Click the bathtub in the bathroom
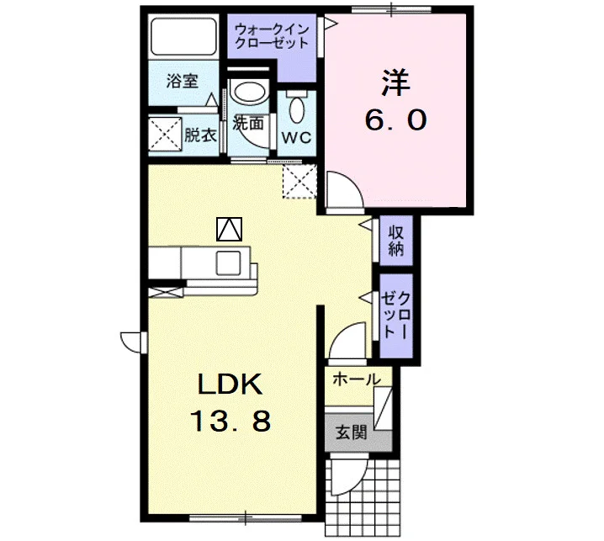tap(183, 37)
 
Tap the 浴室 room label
tap(183, 82)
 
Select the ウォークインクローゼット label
tap(272, 36)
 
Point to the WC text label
tap(296, 137)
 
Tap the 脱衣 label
tap(200, 135)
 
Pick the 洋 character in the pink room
tap(395, 82)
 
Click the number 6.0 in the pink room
tap(395, 119)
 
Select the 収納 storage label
tap(395, 241)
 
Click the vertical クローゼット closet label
tap(395, 316)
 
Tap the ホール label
tap(357, 379)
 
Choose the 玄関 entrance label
tap(351, 432)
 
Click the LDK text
tap(230, 385)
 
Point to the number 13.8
tap(230, 421)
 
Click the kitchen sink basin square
tap(229, 263)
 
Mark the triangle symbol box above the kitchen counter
tap(229, 229)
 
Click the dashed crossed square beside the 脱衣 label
tap(165, 134)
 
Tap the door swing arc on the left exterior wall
tap(131, 342)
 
